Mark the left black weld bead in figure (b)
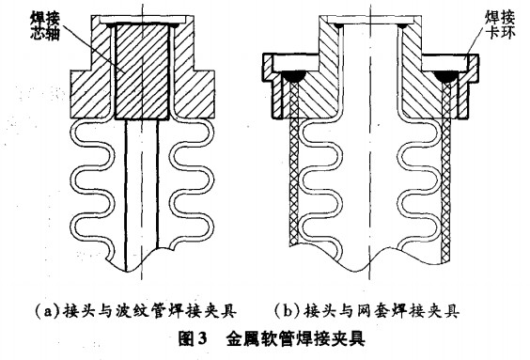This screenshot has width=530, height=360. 291,74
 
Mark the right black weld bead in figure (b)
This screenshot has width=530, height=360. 452,74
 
